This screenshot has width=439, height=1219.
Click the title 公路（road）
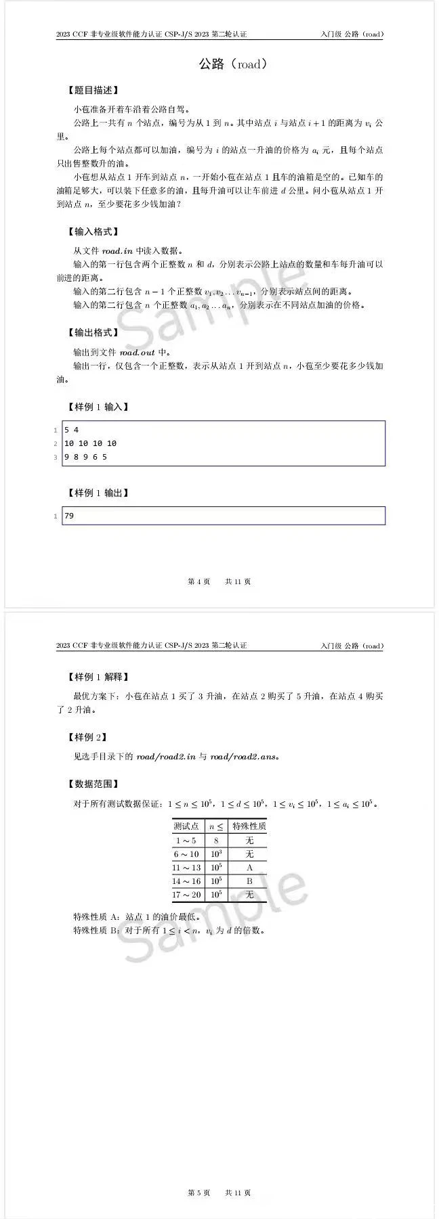pyautogui.click(x=232, y=64)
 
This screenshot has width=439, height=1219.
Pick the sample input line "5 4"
pyautogui.click(x=72, y=430)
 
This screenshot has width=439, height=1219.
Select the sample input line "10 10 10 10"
pyautogui.click(x=90, y=443)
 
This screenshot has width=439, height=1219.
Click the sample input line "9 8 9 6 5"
pyautogui.click(x=85, y=457)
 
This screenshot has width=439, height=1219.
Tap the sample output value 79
pyautogui.click(x=69, y=516)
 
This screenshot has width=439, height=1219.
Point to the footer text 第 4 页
pyautogui.click(x=198, y=581)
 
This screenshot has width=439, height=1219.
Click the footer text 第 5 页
pyautogui.click(x=198, y=1193)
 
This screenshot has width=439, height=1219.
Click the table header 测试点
pyautogui.click(x=186, y=826)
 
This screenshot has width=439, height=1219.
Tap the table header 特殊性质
pyautogui.click(x=249, y=826)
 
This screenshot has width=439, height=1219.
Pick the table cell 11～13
pyautogui.click(x=186, y=868)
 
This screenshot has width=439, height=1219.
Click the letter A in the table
pyautogui.click(x=249, y=868)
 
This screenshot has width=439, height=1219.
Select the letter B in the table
pyautogui.click(x=249, y=881)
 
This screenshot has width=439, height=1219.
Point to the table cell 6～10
pyautogui.click(x=186, y=854)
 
